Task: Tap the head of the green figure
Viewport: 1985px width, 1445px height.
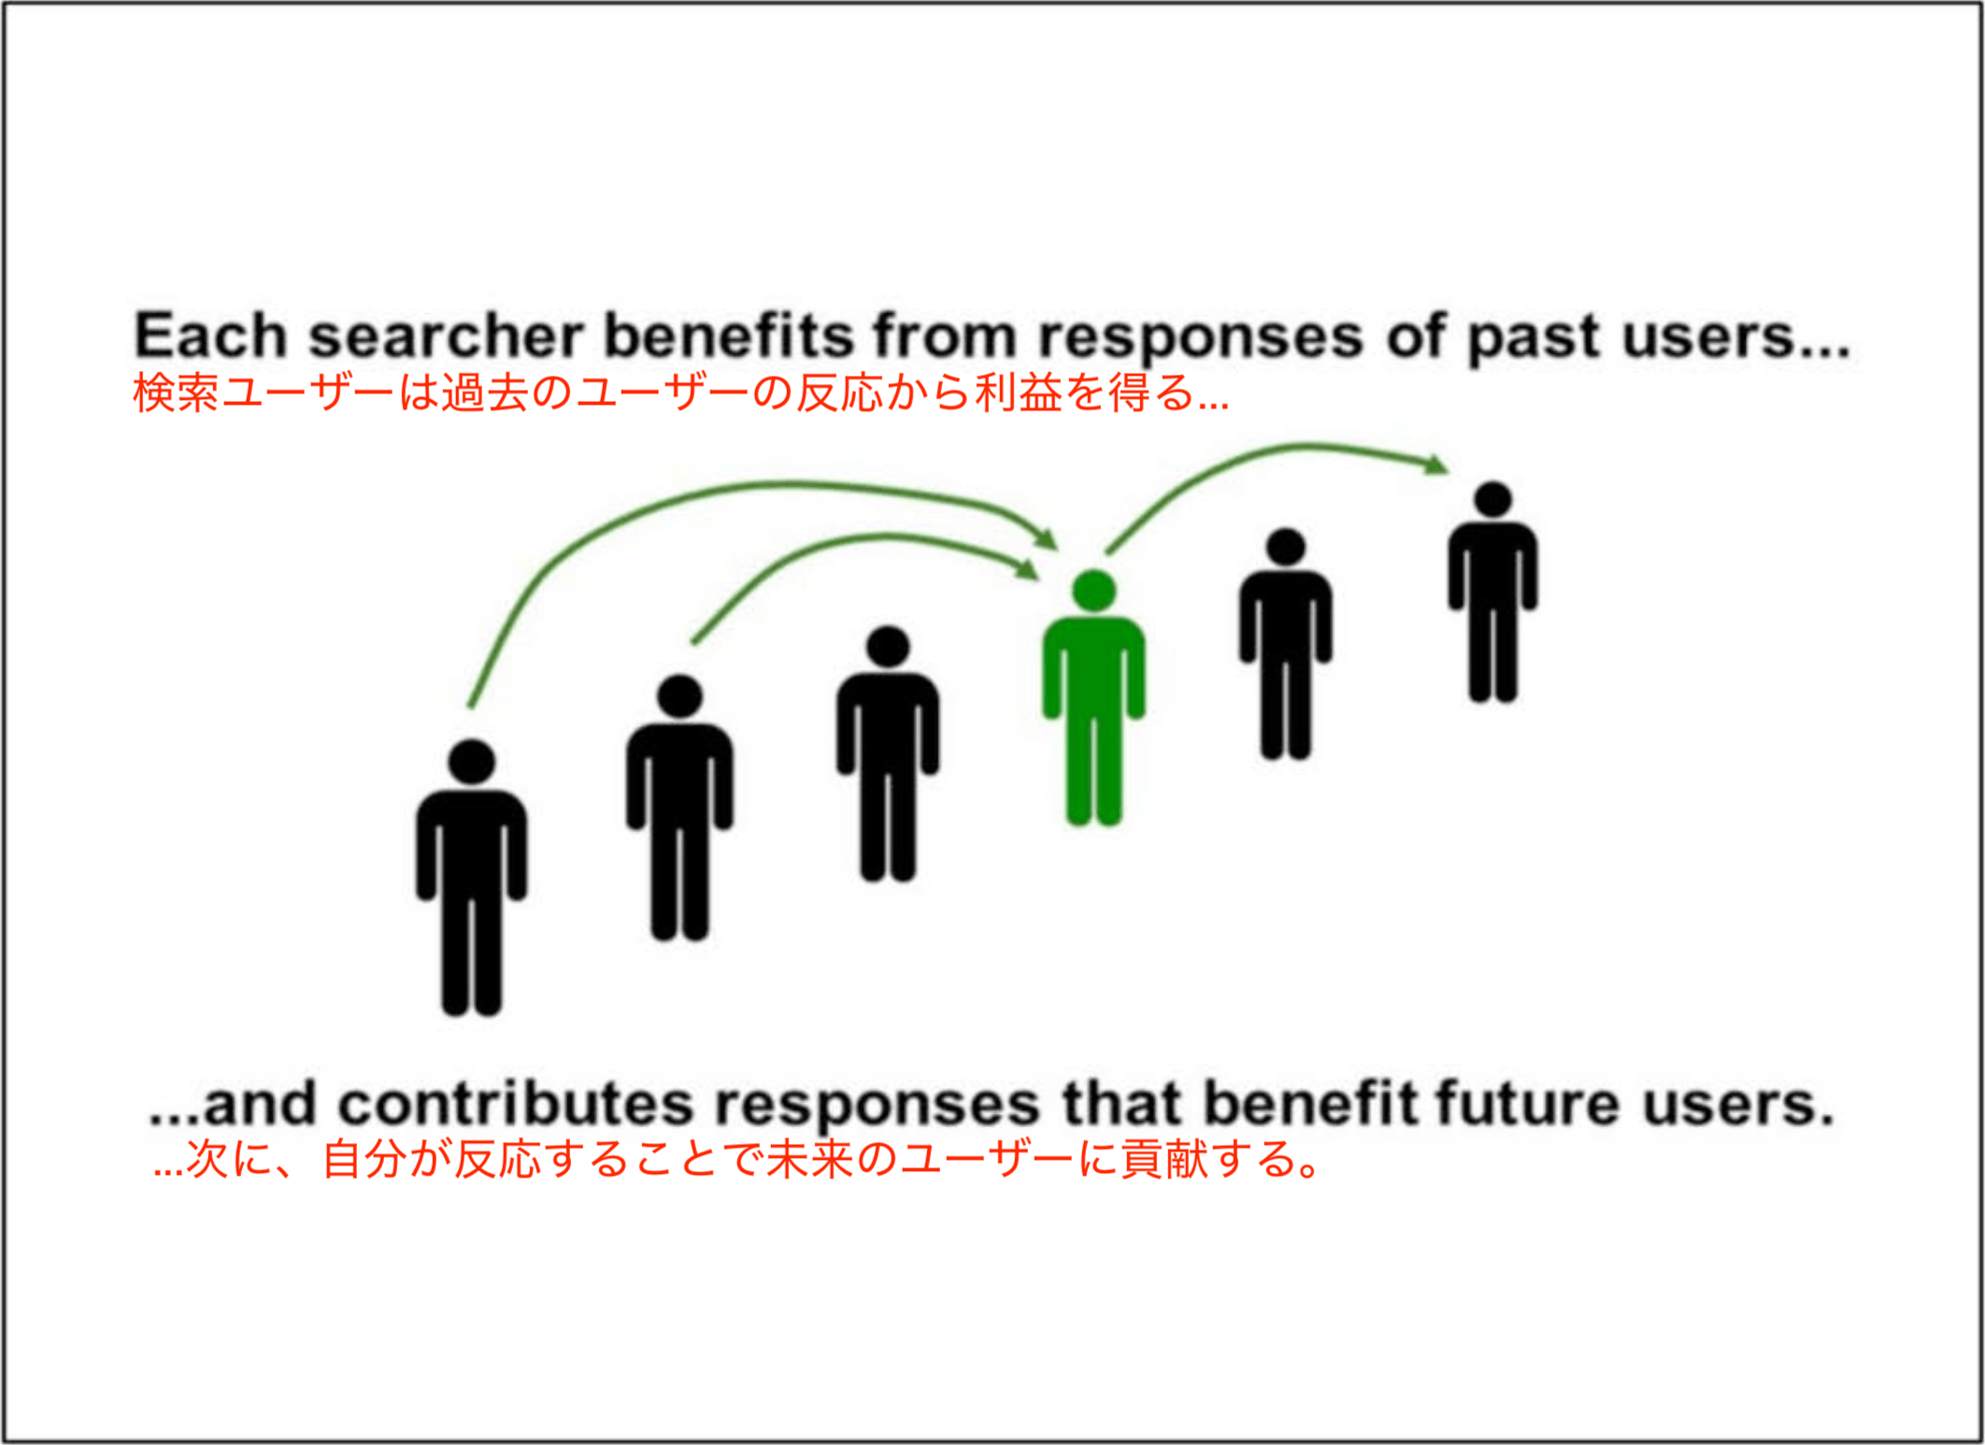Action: (1094, 591)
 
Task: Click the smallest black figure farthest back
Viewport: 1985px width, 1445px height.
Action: (1492, 591)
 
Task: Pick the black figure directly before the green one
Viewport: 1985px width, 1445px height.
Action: (888, 753)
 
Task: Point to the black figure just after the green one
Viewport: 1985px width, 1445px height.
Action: (1286, 643)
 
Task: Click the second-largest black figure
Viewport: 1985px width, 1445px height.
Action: (679, 807)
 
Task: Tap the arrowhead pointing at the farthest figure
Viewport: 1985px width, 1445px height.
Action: (1435, 464)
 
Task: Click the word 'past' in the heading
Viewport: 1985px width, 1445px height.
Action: (1534, 338)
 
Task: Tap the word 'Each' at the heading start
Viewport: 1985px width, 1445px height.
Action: (210, 336)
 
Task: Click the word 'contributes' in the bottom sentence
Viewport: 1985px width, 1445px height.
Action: (515, 1104)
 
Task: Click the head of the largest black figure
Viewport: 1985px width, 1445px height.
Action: (472, 761)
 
